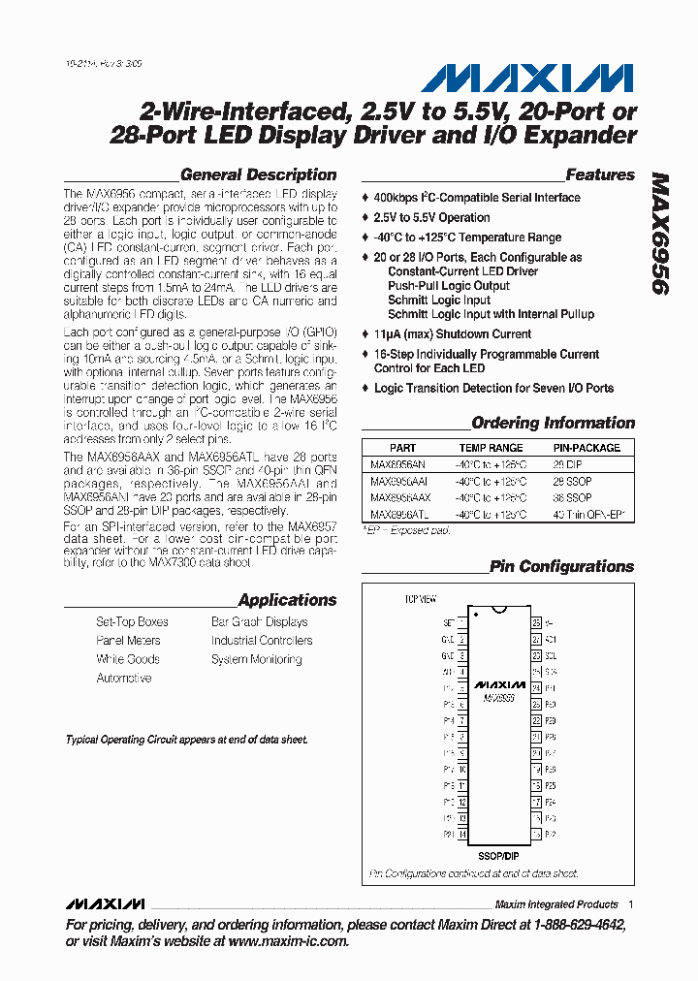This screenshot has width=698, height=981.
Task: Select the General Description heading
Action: pyautogui.click(x=259, y=175)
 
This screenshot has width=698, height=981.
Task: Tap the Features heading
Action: pyautogui.click(x=600, y=175)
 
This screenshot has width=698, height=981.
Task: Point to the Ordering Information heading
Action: pyautogui.click(x=553, y=424)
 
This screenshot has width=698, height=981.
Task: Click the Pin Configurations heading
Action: pyautogui.click(x=561, y=567)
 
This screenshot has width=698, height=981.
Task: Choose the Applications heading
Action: pyautogui.click(x=287, y=601)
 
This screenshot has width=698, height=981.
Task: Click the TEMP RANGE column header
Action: pyautogui.click(x=491, y=448)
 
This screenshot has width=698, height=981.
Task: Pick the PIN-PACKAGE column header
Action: pyautogui.click(x=587, y=448)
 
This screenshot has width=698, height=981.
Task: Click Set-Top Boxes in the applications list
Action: pyautogui.click(x=132, y=622)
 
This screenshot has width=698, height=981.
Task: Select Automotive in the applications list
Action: pyautogui.click(x=123, y=679)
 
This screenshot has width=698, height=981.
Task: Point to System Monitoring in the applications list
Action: pyautogui.click(x=256, y=659)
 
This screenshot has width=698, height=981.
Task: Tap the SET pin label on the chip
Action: pyautogui.click(x=448, y=622)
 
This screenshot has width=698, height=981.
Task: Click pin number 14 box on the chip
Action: pyautogui.click(x=462, y=835)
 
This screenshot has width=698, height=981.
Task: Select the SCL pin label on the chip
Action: pyautogui.click(x=551, y=655)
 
